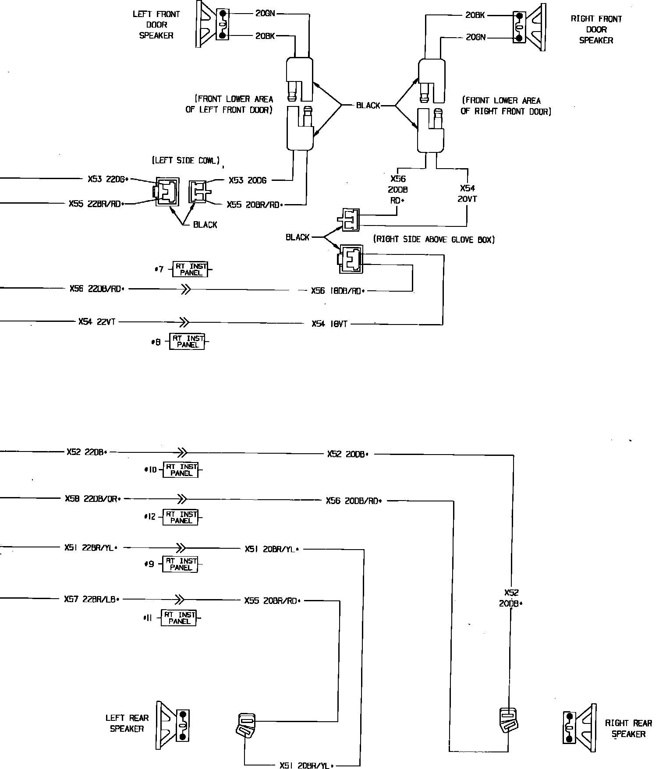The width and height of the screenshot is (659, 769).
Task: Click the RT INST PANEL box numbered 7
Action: [191, 269]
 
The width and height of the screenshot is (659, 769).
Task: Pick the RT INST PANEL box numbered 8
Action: [188, 342]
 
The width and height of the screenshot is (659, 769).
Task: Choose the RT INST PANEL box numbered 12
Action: [181, 517]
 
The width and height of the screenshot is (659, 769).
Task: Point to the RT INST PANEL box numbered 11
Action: [179, 618]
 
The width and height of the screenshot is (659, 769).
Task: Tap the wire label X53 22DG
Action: [107, 179]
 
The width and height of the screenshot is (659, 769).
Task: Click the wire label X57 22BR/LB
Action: [92, 599]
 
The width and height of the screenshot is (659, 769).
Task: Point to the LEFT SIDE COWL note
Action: [186, 161]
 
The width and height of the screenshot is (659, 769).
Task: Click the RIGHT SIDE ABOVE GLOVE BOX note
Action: [434, 240]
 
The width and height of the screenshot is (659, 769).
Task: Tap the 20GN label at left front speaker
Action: [265, 14]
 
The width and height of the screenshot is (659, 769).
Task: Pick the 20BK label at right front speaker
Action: [475, 15]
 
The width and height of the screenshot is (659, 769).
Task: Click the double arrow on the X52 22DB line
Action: [182, 452]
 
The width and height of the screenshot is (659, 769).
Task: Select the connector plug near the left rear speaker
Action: [247, 725]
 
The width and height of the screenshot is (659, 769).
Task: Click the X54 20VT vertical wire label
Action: [468, 194]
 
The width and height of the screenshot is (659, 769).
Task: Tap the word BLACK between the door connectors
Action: [368, 106]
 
